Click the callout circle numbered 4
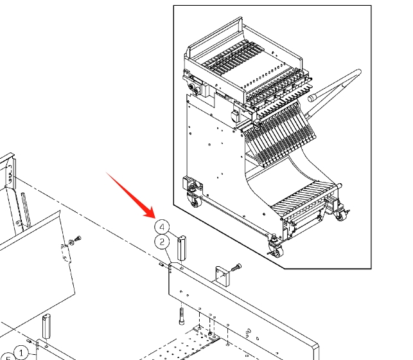pos(162,227)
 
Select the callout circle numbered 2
pos(162,242)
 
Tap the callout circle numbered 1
pos(21,353)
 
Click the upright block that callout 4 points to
pos(182,248)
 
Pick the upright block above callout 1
pos(46,327)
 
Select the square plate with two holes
pos(223,276)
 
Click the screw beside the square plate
pos(236,267)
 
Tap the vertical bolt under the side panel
pos(182,316)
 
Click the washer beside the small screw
pos(71,242)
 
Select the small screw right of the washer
pos(78,239)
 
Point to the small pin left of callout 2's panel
pos(161,264)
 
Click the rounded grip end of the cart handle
pos(312,98)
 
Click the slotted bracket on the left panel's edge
pos(66,253)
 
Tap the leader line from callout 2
pos(168,255)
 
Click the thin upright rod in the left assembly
pos(26,210)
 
